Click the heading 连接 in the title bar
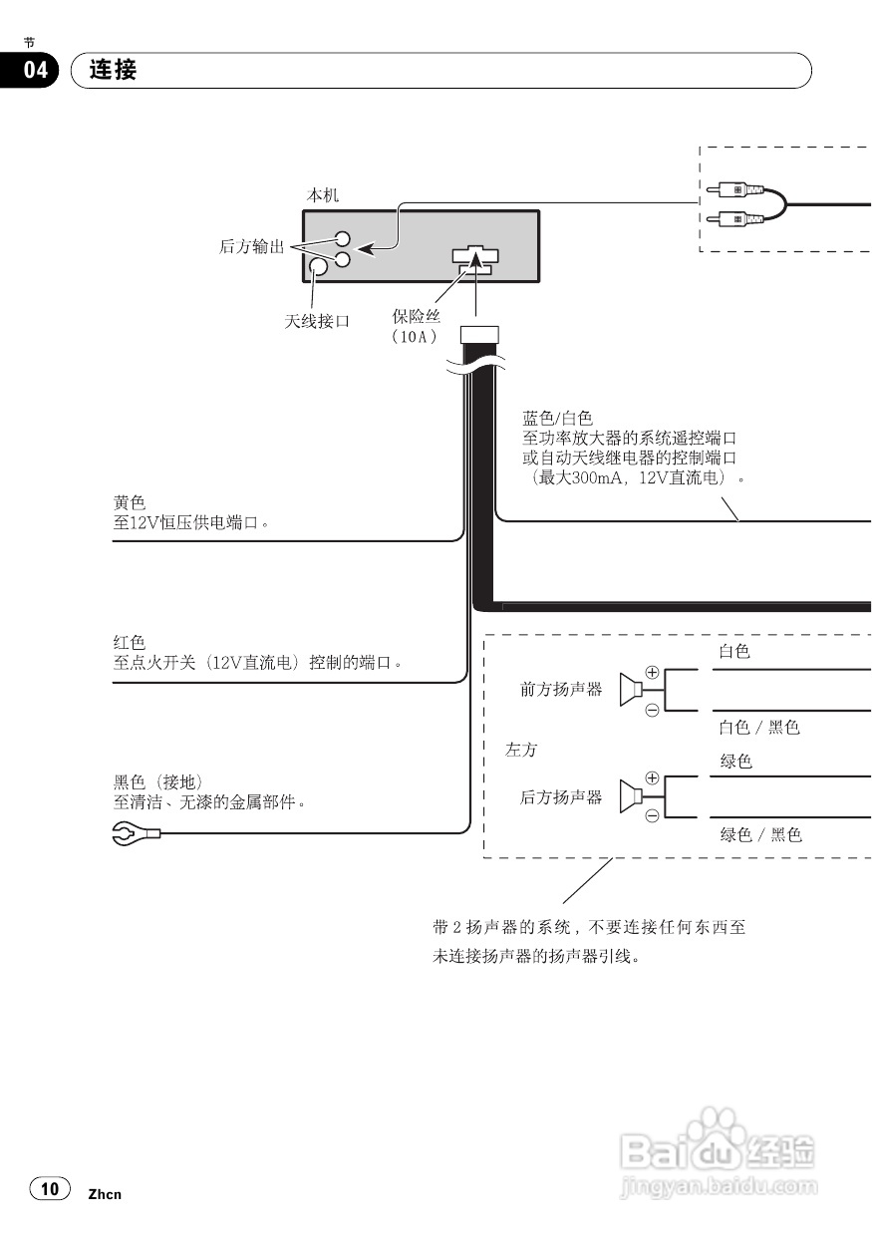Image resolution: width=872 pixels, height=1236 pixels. click(113, 70)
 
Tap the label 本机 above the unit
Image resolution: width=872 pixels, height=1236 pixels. click(322, 196)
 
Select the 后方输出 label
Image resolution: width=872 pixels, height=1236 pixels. click(251, 246)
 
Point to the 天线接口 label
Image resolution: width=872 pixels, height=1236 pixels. click(317, 321)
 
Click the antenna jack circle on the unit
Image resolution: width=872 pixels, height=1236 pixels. click(318, 267)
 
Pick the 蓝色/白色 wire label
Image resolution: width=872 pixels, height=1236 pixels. click(557, 418)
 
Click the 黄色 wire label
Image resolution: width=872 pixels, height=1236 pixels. click(130, 502)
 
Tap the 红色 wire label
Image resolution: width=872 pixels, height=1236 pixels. click(130, 643)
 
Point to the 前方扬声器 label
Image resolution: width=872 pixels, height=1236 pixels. click(561, 689)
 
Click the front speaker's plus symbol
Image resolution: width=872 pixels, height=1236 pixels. click(653, 672)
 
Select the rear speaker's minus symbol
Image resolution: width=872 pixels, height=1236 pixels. click(653, 816)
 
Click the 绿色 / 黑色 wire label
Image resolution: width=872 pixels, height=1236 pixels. click(760, 835)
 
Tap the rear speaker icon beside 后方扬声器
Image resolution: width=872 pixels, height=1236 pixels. click(630, 796)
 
